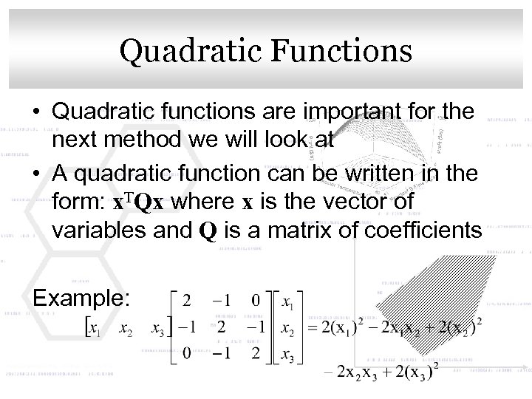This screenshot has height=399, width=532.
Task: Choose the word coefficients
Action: pos(415,231)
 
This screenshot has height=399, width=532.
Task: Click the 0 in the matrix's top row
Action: pos(255,302)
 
